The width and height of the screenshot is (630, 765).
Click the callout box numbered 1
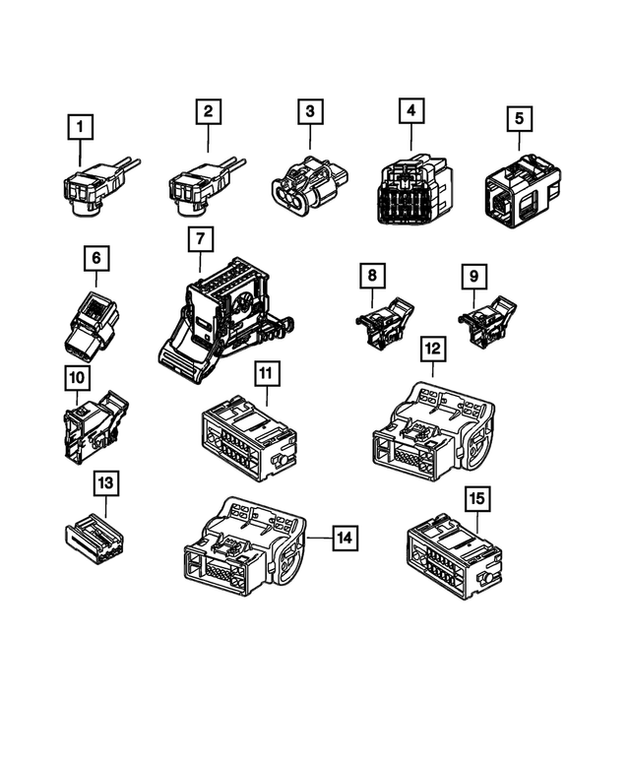pos(81,127)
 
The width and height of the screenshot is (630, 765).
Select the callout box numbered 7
pos(201,238)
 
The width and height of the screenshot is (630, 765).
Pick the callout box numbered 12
pos(432,349)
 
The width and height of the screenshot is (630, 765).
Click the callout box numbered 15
pos(475,499)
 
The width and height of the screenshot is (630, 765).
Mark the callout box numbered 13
pos(106,483)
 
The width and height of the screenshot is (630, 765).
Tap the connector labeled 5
pos(522,189)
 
